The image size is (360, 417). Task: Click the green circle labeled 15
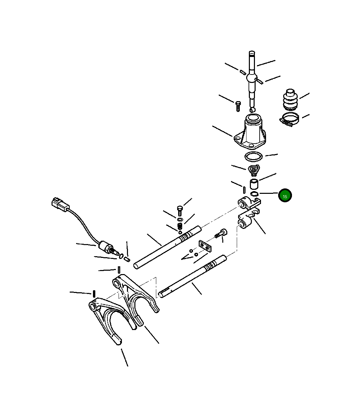pyautogui.click(x=285, y=196)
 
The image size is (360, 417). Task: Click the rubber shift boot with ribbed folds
pyautogui.click(x=290, y=100)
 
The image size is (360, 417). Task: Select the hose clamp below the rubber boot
pyautogui.click(x=289, y=119)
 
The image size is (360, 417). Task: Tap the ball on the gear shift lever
pyautogui.click(x=252, y=78)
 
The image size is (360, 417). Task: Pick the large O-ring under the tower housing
pyautogui.click(x=253, y=157)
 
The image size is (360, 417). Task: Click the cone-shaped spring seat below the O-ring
pyautogui.click(x=253, y=170)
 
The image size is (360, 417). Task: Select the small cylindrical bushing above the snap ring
pyautogui.click(x=254, y=184)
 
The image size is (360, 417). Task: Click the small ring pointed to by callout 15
pyautogui.click(x=255, y=193)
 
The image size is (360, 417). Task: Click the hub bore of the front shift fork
pyautogui.click(x=93, y=306)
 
